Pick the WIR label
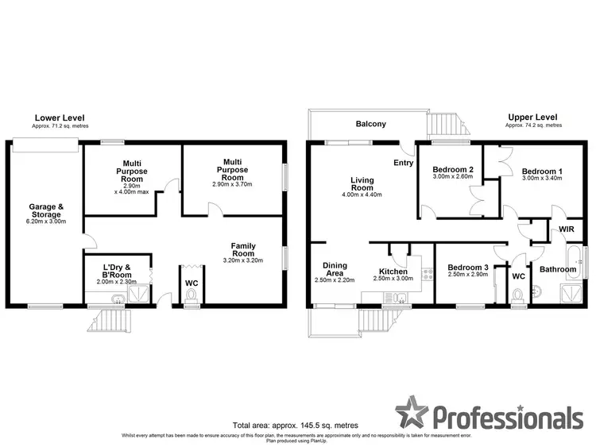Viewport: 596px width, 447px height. tap(567, 229)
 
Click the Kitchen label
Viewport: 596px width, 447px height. tap(393, 272)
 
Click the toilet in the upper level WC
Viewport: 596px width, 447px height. tap(518, 296)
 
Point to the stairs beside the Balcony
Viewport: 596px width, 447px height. tap(445, 125)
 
